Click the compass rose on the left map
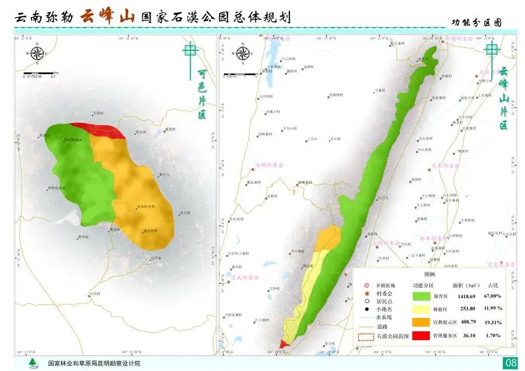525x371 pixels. coord(37,54)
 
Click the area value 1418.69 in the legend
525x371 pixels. coord(466,296)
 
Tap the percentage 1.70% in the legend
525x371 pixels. coord(492,336)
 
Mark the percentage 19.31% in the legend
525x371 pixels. coord(492,322)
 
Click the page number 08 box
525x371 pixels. coord(510,363)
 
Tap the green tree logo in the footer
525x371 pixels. coord(32,363)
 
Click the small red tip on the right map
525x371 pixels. coord(283,344)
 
